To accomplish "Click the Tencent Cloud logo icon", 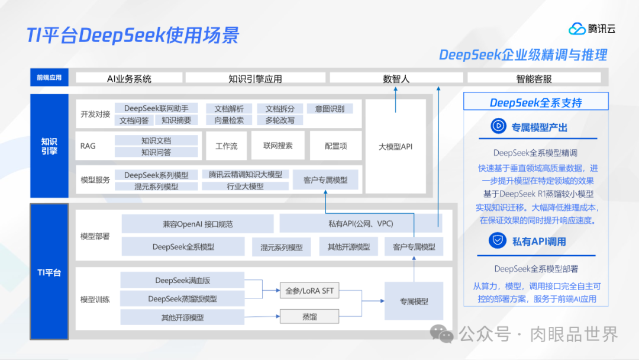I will [x=577, y=28].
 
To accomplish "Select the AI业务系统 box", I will [x=129, y=78].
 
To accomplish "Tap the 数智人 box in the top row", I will [x=396, y=78].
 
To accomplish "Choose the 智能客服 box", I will [x=534, y=78].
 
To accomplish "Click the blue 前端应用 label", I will [x=49, y=78].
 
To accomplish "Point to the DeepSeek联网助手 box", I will [x=156, y=108].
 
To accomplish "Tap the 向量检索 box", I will [x=229, y=120].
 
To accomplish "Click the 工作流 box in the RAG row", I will [x=226, y=146].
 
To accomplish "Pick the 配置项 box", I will [x=336, y=146].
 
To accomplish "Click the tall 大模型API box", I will [x=395, y=146].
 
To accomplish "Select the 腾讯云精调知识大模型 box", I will [x=246, y=175].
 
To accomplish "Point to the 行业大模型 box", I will [x=246, y=186].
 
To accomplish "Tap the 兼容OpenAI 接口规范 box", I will [x=198, y=224].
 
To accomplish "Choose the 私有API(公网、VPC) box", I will [x=361, y=224].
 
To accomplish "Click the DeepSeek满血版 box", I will [x=182, y=280].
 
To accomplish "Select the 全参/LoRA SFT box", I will [x=309, y=291].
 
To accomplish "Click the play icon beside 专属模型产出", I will [x=498, y=127].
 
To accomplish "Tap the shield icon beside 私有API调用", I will [x=498, y=240].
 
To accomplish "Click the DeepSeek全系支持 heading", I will [x=535, y=102].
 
